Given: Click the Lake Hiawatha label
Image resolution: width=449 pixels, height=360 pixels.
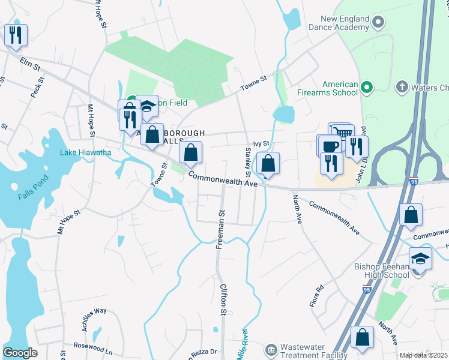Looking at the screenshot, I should [x=85, y=152].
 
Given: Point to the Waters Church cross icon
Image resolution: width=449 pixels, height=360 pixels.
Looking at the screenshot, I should [x=401, y=88].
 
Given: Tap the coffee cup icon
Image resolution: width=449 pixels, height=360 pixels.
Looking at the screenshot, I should [x=330, y=146].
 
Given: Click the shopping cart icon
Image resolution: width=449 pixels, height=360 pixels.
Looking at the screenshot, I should [x=342, y=134].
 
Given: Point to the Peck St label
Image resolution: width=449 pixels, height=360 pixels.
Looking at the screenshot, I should [x=37, y=88].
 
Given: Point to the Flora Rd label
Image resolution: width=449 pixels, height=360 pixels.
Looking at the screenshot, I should [x=316, y=296].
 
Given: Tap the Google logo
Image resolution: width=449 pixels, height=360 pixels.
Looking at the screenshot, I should [x=20, y=353].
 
